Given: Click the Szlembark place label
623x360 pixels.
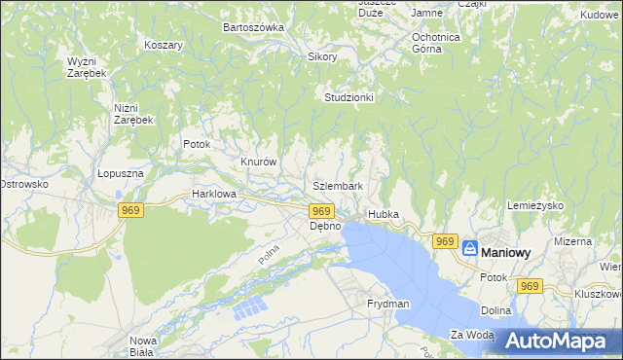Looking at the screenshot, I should click(x=339, y=186).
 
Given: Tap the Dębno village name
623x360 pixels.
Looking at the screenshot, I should click(x=325, y=226).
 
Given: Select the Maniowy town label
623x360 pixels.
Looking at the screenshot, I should click(x=508, y=252).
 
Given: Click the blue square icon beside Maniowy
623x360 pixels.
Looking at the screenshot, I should click(x=470, y=249).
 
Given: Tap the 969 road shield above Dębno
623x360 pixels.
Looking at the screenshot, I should click(x=322, y=211).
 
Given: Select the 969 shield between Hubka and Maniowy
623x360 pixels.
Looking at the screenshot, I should click(x=445, y=241).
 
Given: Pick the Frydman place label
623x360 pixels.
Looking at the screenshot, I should click(x=388, y=304).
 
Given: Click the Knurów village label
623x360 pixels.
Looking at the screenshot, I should click(x=260, y=162).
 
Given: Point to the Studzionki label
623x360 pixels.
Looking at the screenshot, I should click(x=349, y=98).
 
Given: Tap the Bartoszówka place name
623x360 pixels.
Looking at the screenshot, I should click(x=253, y=27).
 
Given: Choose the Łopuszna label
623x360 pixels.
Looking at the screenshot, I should click(x=121, y=173).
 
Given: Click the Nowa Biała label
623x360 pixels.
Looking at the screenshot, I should click(x=143, y=346).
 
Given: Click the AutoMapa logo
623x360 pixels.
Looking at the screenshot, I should click(x=559, y=342).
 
